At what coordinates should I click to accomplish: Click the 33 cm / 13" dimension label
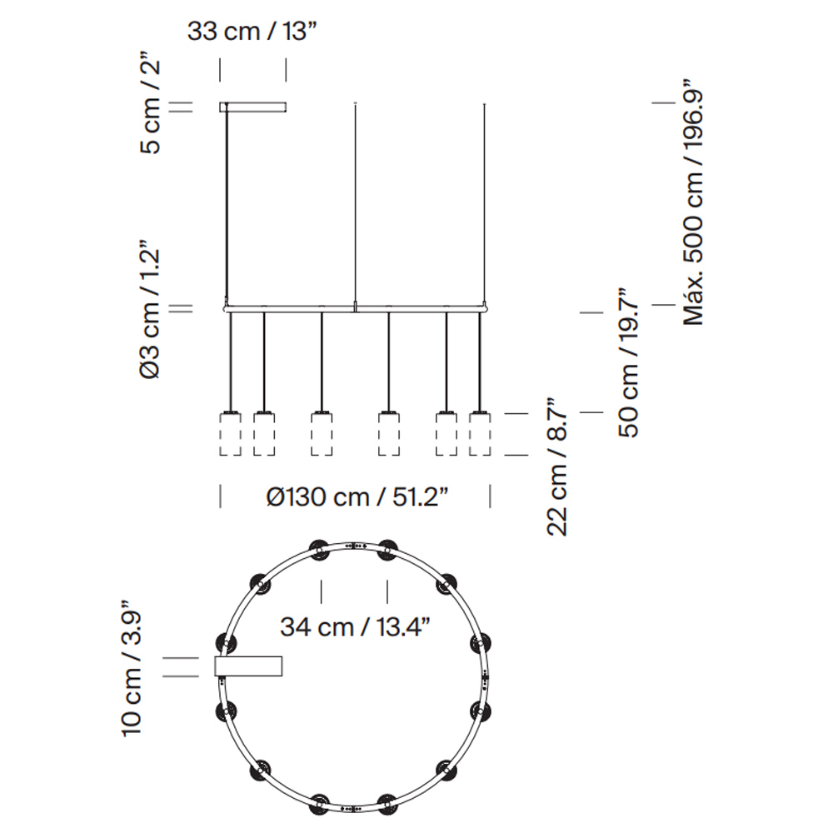pos(252,32)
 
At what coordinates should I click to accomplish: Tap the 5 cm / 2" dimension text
pos(149,102)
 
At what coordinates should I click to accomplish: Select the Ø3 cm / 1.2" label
pos(149,310)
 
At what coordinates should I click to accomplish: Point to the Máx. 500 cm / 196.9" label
pos(694,202)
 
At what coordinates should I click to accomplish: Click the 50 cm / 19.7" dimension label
pos(628,363)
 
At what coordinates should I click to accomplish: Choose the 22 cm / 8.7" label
pos(557,466)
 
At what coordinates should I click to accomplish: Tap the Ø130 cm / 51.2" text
pos(357,497)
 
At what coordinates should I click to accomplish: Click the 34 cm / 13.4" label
pos(355,627)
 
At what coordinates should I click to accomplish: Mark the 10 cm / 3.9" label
pos(132,668)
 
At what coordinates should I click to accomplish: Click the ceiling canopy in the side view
pos(253,107)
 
